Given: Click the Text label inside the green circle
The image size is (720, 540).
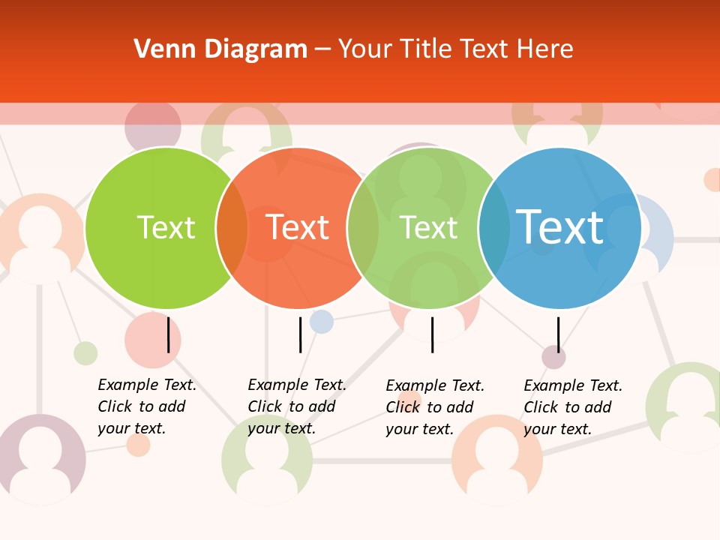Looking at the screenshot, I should (166, 227).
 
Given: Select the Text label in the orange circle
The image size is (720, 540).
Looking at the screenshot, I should (298, 227).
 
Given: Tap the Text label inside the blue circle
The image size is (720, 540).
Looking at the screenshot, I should (560, 226).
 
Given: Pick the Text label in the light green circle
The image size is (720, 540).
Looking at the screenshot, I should (429, 227).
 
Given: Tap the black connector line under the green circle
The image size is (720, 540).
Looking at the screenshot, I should (168, 334).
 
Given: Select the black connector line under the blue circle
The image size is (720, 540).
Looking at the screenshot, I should (558, 334).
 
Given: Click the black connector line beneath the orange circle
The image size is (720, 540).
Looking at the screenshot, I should (300, 334).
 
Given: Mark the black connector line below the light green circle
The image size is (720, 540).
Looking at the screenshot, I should (432, 334).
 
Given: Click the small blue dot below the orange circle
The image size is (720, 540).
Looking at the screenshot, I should (321, 321).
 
